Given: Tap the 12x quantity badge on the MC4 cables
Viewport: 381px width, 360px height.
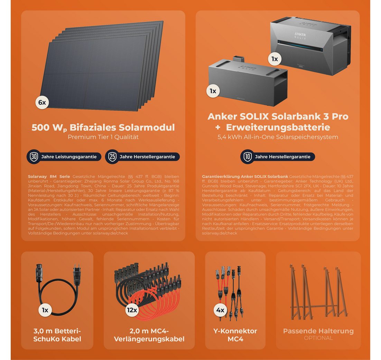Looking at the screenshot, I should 132,310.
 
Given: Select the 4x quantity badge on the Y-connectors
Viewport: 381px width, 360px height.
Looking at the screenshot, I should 220,310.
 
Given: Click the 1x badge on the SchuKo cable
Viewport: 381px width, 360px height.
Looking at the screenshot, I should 45,310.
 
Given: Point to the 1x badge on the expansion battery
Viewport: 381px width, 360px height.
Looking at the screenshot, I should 213,91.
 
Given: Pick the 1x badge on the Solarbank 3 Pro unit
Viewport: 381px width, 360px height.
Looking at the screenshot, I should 275,59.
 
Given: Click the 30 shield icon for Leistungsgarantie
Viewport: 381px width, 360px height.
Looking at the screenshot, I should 34,156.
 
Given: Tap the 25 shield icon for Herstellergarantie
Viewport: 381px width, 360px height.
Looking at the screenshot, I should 112,156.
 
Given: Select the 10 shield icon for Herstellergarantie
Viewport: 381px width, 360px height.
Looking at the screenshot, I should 247,156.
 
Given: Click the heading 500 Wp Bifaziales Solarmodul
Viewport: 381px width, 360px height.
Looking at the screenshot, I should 103,127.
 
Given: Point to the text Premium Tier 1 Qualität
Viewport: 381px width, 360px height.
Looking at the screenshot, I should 103,137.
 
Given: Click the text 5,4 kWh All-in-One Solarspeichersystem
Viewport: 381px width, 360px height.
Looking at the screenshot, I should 278,137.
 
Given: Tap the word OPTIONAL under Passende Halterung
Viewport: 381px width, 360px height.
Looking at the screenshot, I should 318,338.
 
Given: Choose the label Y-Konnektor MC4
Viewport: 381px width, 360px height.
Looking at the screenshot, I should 235,335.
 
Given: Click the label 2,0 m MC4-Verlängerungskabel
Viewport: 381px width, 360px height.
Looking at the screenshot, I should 149,335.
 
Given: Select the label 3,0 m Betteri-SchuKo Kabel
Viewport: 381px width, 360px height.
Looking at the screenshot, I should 57,335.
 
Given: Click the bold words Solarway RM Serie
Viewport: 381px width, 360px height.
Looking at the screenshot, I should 49,177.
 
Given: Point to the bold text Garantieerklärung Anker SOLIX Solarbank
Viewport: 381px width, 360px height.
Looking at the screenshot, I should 245,177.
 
